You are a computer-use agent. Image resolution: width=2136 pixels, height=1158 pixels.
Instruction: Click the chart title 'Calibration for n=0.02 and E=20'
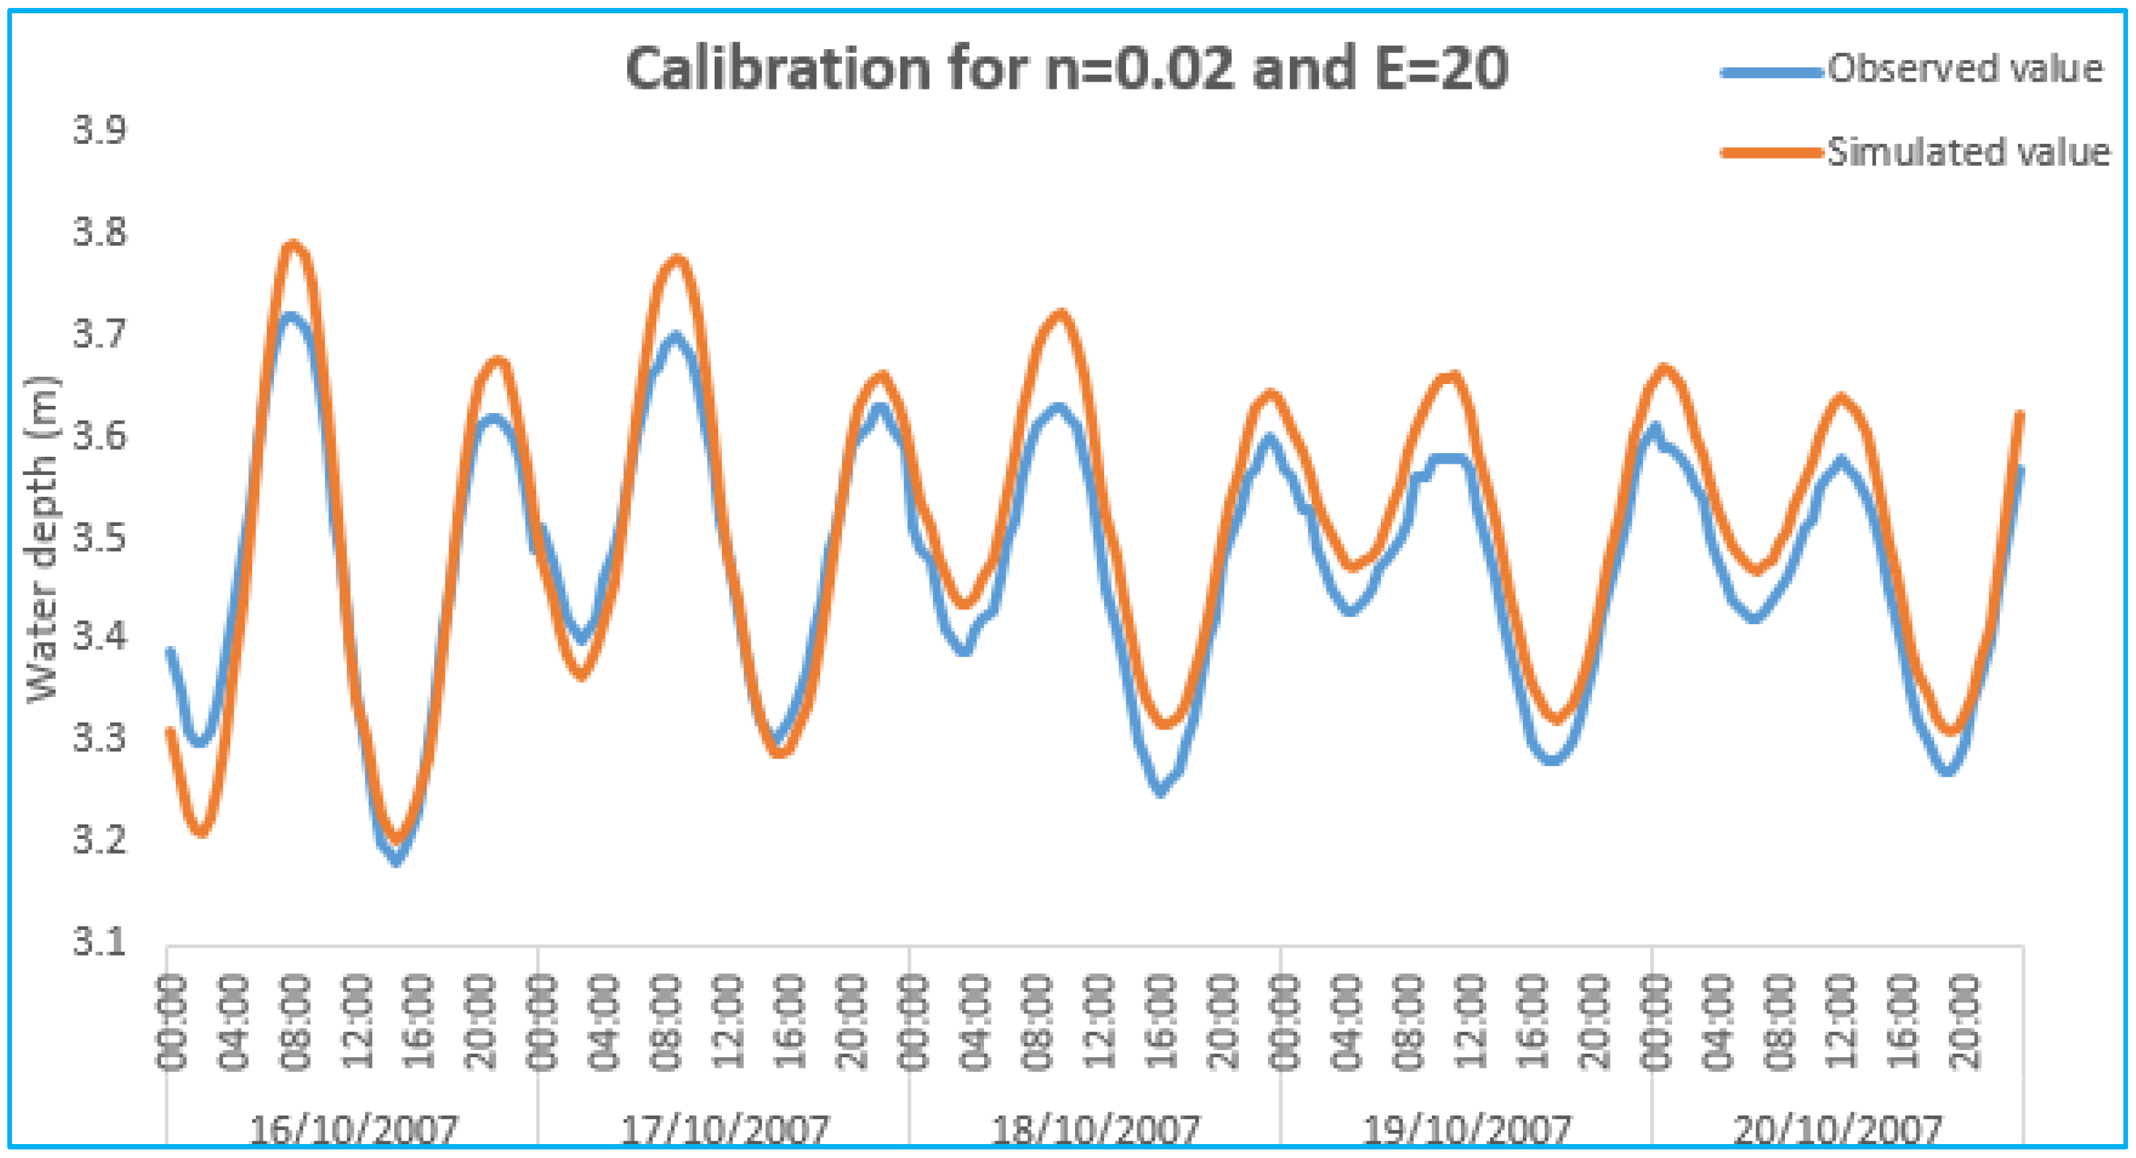click(x=1066, y=70)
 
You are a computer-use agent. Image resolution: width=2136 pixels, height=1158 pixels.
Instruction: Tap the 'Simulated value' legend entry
click(x=1967, y=153)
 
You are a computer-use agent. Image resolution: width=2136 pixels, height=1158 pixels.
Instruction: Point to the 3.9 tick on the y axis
click(x=100, y=131)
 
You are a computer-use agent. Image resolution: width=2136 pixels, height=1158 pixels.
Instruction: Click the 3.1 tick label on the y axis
click(x=100, y=942)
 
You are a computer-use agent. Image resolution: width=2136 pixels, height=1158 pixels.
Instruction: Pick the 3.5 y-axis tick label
click(x=100, y=537)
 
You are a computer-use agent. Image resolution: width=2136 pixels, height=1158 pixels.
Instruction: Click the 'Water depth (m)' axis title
click(x=43, y=539)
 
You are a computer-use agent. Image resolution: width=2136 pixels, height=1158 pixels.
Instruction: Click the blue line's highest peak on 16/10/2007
click(x=290, y=316)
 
